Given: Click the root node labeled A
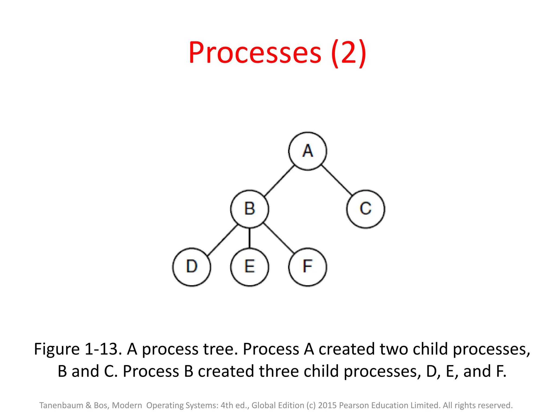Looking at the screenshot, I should (308, 151).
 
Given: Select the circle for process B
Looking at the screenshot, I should (250, 209).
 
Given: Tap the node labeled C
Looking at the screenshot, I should (366, 209).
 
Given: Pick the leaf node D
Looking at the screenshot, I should (192, 267).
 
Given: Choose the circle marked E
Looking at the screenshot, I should (250, 267).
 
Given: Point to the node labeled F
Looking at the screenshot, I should (308, 267).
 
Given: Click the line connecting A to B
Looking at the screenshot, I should (279, 180).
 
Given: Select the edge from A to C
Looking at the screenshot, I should (337, 180).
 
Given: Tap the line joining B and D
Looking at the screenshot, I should (222, 239).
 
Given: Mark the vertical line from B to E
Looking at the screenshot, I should (250, 238).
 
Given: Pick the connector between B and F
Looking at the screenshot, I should (279, 238).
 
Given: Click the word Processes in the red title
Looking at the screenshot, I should (255, 53).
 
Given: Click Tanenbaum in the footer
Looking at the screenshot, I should (61, 405).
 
